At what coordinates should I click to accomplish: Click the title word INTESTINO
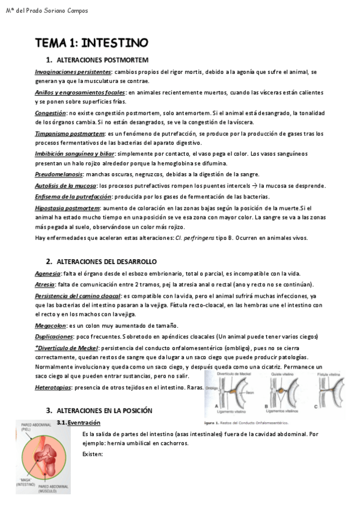(x=114, y=43)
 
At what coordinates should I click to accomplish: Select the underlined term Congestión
(x=50, y=113)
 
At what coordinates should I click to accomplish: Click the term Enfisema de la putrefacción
(x=73, y=197)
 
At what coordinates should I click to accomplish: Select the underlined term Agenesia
(x=48, y=274)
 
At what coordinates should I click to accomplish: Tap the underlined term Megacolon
(x=50, y=325)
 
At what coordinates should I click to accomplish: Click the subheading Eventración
(x=84, y=423)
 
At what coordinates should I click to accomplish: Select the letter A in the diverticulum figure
(x=216, y=406)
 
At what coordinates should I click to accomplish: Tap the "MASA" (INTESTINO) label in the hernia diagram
(x=29, y=481)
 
